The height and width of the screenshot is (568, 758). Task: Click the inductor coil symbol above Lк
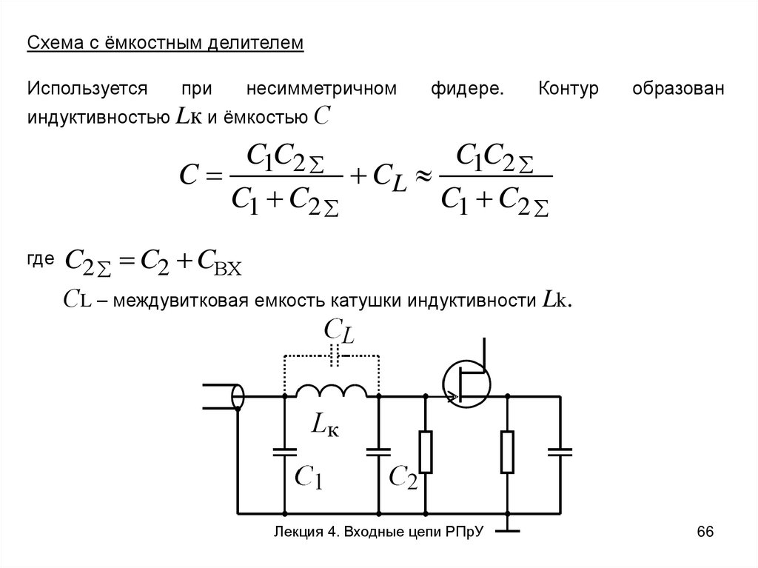331,390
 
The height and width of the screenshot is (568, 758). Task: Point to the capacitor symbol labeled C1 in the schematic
285,451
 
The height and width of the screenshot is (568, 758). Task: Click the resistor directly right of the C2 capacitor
426,452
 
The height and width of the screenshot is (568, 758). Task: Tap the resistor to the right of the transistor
508,452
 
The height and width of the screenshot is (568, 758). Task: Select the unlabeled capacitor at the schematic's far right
560,451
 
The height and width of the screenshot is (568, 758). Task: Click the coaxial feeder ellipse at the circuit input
238,396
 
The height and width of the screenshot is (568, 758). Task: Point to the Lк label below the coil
325,425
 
